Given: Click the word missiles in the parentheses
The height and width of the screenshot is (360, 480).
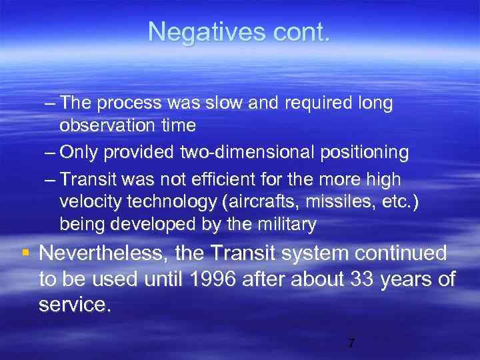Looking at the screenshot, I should [335, 202].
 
